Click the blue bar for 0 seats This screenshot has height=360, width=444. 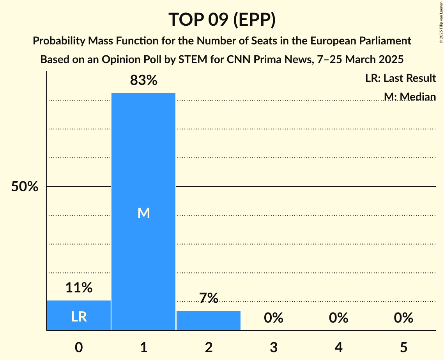[x=79, y=315]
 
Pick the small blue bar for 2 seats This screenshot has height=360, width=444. [x=209, y=320]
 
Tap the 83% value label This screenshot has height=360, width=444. [x=143, y=81]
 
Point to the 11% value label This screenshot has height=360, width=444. [x=79, y=288]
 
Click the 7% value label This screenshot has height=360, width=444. [x=209, y=298]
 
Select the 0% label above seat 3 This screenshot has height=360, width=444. [x=273, y=318]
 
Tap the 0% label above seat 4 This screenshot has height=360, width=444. [x=338, y=318]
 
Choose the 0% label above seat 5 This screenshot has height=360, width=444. [x=403, y=318]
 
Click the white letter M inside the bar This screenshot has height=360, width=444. [x=143, y=213]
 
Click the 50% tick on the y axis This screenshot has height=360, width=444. [x=25, y=187]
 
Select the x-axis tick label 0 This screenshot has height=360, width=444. [x=79, y=347]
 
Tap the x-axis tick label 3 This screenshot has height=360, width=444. [x=273, y=347]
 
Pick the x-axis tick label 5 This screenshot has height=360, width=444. [x=403, y=347]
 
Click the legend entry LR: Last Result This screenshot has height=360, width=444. [x=400, y=78]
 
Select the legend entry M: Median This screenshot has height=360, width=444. [x=409, y=96]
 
